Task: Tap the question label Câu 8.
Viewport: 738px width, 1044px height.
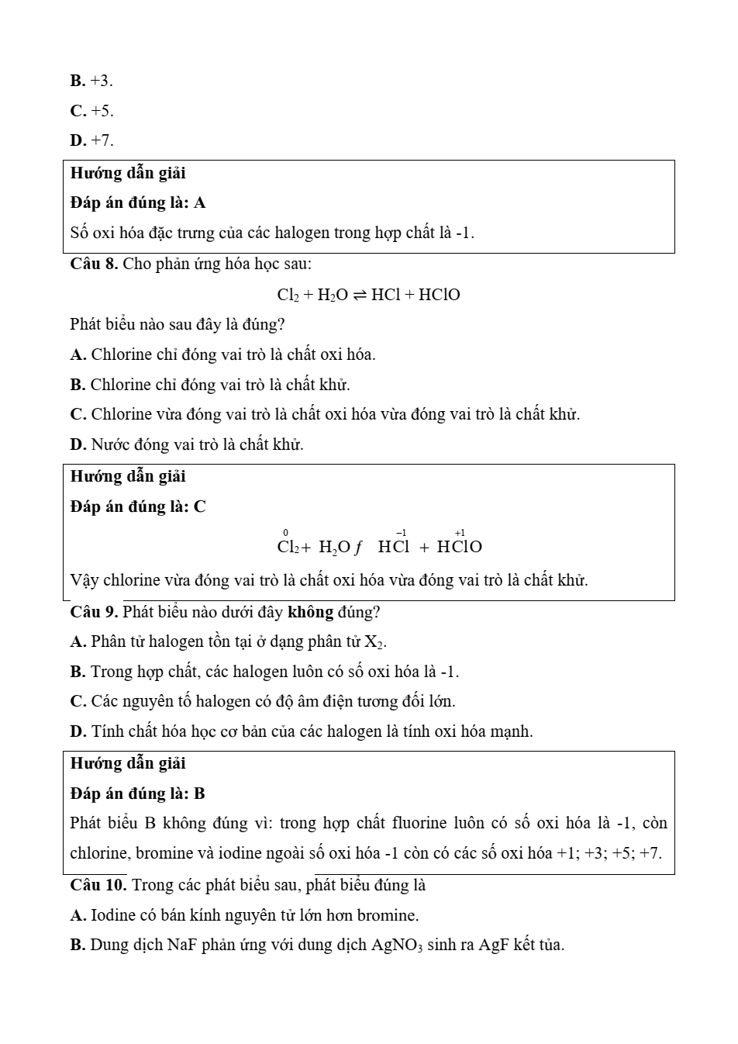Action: (x=94, y=264)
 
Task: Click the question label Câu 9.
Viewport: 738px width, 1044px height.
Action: (x=94, y=612)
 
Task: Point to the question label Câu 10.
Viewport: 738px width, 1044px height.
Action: (x=98, y=885)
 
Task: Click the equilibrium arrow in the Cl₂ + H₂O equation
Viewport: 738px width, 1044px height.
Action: (x=360, y=295)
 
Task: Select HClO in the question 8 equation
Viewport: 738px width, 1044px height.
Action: (x=439, y=295)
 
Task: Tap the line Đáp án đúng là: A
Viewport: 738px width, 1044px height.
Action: (x=137, y=202)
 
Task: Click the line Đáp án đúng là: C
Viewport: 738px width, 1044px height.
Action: (x=137, y=506)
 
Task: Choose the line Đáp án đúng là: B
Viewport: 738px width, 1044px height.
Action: (x=137, y=793)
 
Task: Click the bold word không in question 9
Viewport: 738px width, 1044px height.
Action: (x=310, y=612)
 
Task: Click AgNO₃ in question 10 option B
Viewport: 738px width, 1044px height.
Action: (x=397, y=945)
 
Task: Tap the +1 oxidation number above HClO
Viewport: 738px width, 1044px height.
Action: (x=460, y=533)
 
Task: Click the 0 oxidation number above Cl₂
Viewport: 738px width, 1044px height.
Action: (x=286, y=533)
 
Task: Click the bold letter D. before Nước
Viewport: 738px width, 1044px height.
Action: (x=78, y=444)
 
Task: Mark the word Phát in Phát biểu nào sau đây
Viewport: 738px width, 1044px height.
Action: (x=84, y=324)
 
